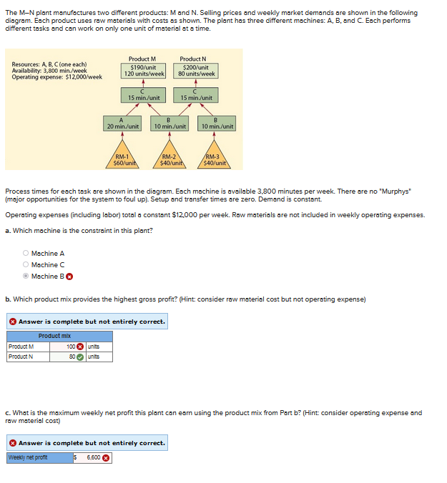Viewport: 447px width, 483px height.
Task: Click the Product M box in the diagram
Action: pos(144,66)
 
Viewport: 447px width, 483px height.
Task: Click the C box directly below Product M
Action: pos(144,94)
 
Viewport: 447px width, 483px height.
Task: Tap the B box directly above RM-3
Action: pos(217,124)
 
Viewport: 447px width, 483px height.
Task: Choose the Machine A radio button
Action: pos(26,254)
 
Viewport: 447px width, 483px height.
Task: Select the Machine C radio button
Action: pos(26,265)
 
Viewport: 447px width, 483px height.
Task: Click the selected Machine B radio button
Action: pos(26,277)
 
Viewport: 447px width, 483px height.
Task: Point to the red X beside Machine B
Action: pos(70,277)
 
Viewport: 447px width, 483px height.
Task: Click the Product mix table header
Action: pos(55,336)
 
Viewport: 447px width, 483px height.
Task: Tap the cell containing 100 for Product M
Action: pos(69,347)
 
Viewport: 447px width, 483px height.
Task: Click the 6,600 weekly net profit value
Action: pos(92,457)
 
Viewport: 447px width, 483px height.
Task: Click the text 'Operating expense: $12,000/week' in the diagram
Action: pos(57,76)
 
